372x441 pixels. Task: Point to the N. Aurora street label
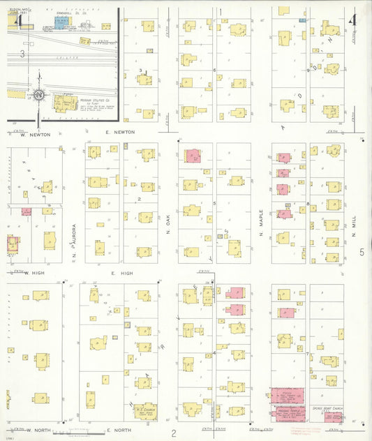73,245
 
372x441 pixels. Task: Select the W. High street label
35,274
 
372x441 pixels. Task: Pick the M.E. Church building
146,412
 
